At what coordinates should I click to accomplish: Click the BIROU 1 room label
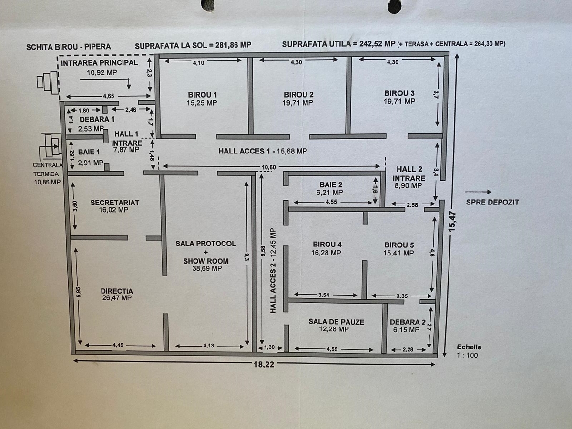(202, 95)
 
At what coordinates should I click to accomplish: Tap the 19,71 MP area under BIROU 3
(399, 101)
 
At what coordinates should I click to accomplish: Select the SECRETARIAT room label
(115, 203)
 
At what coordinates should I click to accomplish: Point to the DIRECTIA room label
(117, 291)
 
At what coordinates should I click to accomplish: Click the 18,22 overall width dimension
(264, 364)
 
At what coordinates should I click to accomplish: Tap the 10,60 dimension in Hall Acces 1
(268, 167)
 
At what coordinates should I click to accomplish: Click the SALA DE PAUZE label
(336, 322)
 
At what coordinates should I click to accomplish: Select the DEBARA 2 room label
(408, 322)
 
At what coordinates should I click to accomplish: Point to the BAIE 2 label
(331, 185)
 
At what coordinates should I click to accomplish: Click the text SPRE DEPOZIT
(492, 202)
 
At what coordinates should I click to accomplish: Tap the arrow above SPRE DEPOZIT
(478, 192)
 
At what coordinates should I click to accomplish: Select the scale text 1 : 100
(467, 355)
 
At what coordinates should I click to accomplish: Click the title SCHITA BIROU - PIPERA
(69, 47)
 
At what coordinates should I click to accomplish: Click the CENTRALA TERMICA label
(47, 170)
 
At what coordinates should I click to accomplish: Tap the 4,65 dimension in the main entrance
(108, 96)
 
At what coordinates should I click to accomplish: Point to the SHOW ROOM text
(206, 261)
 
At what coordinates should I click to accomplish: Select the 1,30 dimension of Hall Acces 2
(269, 347)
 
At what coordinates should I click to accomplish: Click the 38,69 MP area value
(207, 268)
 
